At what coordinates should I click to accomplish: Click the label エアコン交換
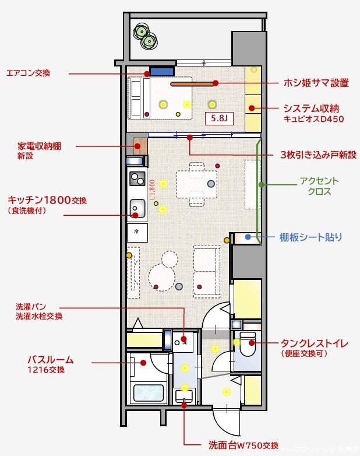pyautogui.click(x=28, y=73)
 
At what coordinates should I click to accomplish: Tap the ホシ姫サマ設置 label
pyautogui.click(x=316, y=83)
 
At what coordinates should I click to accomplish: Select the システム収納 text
pyautogui.click(x=310, y=108)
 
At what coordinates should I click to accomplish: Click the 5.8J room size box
pyautogui.click(x=220, y=118)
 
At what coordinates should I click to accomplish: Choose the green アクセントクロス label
pyautogui.click(x=319, y=186)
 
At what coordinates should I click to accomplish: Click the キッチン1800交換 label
pyautogui.click(x=47, y=200)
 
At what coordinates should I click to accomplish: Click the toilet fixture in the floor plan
pyautogui.click(x=248, y=345)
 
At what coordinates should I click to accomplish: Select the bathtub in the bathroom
pyautogui.click(x=148, y=392)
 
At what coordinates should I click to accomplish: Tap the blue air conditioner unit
pyautogui.click(x=162, y=71)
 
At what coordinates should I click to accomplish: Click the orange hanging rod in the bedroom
pyautogui.click(x=192, y=84)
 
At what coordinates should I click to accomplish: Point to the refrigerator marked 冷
pyautogui.click(x=137, y=232)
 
